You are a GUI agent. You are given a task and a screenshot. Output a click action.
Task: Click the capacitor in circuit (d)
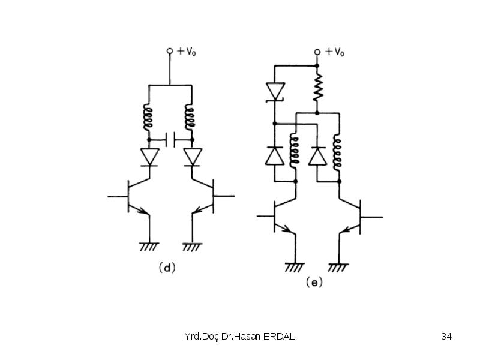pos(170,140)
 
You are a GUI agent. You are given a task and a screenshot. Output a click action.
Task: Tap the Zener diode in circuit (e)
pos(275,91)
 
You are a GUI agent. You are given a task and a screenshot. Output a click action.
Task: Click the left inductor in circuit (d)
pos(148,117)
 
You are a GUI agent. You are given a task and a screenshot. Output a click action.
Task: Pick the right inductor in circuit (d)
pos(190,117)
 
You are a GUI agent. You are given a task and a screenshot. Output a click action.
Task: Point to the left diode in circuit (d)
pos(149,157)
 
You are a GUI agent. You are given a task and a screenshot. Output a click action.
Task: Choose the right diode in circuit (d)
pos(193,157)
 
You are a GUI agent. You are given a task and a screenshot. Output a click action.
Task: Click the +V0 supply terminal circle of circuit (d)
pos(170,51)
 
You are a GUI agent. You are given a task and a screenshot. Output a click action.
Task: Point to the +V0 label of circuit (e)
pos(335,52)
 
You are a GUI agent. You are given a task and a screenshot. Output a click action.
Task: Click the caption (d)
pos(167,268)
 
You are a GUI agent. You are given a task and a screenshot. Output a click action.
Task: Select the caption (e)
pos(314,282)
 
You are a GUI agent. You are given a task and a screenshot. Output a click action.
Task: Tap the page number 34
pos(446,337)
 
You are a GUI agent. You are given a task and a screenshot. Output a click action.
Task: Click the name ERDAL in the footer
pos(278,337)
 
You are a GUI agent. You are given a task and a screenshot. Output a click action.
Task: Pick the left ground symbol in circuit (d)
pos(149,247)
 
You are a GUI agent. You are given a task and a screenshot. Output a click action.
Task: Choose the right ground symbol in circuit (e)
pos(338,267)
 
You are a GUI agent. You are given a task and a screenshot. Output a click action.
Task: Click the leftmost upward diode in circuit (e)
pos(274,156)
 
